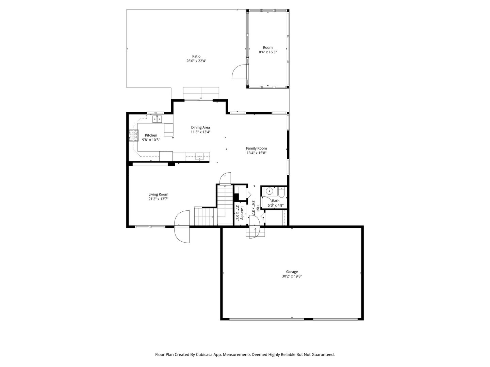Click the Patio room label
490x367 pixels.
click(196, 56)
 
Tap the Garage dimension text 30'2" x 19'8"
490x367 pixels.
click(292, 276)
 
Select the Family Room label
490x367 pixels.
click(256, 148)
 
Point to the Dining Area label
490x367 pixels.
click(200, 127)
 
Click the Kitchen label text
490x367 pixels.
click(151, 135)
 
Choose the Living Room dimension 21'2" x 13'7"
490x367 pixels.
click(158, 199)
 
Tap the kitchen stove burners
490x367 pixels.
click(133, 136)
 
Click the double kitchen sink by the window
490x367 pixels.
click(158, 119)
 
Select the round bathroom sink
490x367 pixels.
click(269, 191)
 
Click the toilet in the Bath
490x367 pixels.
click(281, 193)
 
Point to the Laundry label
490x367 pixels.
click(242, 213)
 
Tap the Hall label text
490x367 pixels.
click(258, 209)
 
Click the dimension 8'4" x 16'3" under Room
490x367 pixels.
click(268, 52)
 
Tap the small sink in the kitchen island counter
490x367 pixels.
click(199, 157)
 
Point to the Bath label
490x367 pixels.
click(276, 201)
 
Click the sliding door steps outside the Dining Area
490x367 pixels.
click(201, 93)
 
